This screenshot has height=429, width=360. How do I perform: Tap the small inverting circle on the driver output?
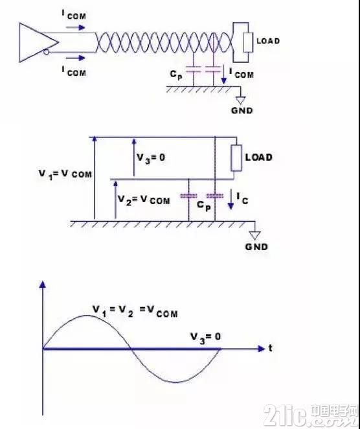(x=47, y=52)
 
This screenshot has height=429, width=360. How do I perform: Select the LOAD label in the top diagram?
(x=268, y=41)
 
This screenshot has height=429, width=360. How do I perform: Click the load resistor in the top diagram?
(x=248, y=42)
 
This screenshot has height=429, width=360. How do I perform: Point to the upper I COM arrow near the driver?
(x=76, y=27)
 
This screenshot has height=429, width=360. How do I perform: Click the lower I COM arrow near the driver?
(x=76, y=58)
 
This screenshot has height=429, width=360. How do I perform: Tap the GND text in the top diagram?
(x=242, y=111)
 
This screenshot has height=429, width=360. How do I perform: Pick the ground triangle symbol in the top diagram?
(x=241, y=100)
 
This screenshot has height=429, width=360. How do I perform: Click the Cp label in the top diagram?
(x=176, y=75)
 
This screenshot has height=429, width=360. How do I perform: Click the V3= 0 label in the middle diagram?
(x=151, y=158)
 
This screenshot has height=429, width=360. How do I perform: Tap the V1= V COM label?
(x=65, y=174)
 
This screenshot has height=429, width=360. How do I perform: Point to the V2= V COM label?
(x=144, y=200)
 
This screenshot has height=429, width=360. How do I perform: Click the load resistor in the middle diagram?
(x=236, y=158)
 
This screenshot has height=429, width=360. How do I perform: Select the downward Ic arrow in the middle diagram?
(x=231, y=200)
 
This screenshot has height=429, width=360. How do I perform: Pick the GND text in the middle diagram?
(x=256, y=247)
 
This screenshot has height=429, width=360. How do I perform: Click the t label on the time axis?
(x=271, y=348)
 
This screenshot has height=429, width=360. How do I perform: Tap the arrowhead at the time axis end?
(x=262, y=349)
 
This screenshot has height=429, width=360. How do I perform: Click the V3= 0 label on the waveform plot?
(x=205, y=337)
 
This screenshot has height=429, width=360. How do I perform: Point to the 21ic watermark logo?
(x=311, y=415)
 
